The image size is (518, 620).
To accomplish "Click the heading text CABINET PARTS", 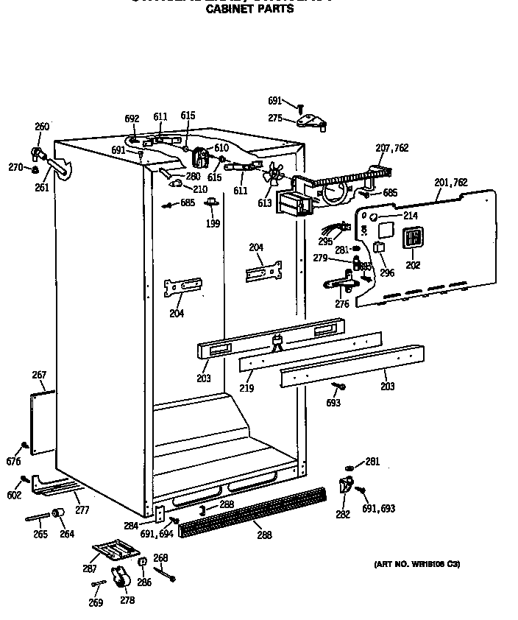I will pyautogui.click(x=249, y=10).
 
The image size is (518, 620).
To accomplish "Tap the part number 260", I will pyautogui.click(x=42, y=127).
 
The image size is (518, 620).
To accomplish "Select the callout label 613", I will pyautogui.click(x=265, y=203).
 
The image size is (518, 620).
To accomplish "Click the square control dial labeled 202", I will pyautogui.click(x=413, y=237).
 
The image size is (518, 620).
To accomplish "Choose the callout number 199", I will pyautogui.click(x=213, y=224).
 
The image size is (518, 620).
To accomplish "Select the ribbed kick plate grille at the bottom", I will pyautogui.click(x=254, y=510).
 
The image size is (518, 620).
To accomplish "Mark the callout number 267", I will pyautogui.click(x=39, y=376).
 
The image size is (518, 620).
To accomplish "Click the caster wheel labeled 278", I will pyautogui.click(x=119, y=580).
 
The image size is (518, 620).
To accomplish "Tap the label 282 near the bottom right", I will pyautogui.click(x=343, y=514).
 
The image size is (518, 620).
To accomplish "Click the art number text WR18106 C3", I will pyautogui.click(x=416, y=564).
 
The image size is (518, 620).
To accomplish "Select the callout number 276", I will pyautogui.click(x=342, y=303).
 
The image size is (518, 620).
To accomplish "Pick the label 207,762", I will pyautogui.click(x=391, y=148).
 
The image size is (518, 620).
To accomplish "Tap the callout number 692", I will pyautogui.click(x=132, y=119).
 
